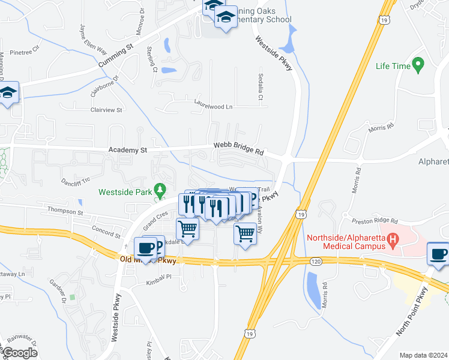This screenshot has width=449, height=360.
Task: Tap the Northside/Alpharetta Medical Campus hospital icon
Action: coord(393,241)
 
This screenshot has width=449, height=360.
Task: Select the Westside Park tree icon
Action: coord(159,190)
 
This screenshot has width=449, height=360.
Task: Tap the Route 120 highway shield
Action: coord(315,261)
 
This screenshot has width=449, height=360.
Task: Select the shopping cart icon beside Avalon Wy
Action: coord(244,232)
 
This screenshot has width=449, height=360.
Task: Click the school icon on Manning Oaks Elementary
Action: coord(226,19)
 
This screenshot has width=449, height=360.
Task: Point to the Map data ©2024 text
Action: coord(423,355)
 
